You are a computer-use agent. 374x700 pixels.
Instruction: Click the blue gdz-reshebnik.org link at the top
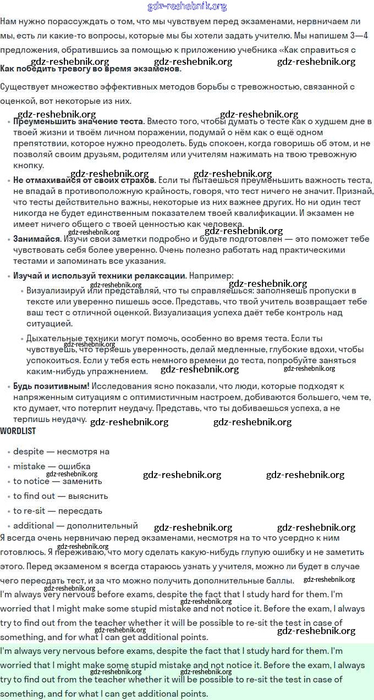(x=187, y=7)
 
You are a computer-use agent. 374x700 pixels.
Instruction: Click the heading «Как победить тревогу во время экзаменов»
(x=91, y=69)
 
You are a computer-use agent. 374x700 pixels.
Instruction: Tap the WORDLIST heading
(x=18, y=431)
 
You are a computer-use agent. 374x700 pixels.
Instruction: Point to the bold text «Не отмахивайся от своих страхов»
(x=84, y=180)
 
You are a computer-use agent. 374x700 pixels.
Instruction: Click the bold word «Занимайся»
(x=37, y=239)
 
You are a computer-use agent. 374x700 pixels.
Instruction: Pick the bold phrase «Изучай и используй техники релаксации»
(x=100, y=275)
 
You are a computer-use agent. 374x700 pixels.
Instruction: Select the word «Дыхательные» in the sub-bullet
(x=54, y=338)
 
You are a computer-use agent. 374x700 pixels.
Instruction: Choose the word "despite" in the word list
(x=29, y=452)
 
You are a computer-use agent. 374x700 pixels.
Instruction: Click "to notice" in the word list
(x=31, y=481)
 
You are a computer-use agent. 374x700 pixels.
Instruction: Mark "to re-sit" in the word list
(x=31, y=511)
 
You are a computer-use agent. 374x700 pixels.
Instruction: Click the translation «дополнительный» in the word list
(x=101, y=526)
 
